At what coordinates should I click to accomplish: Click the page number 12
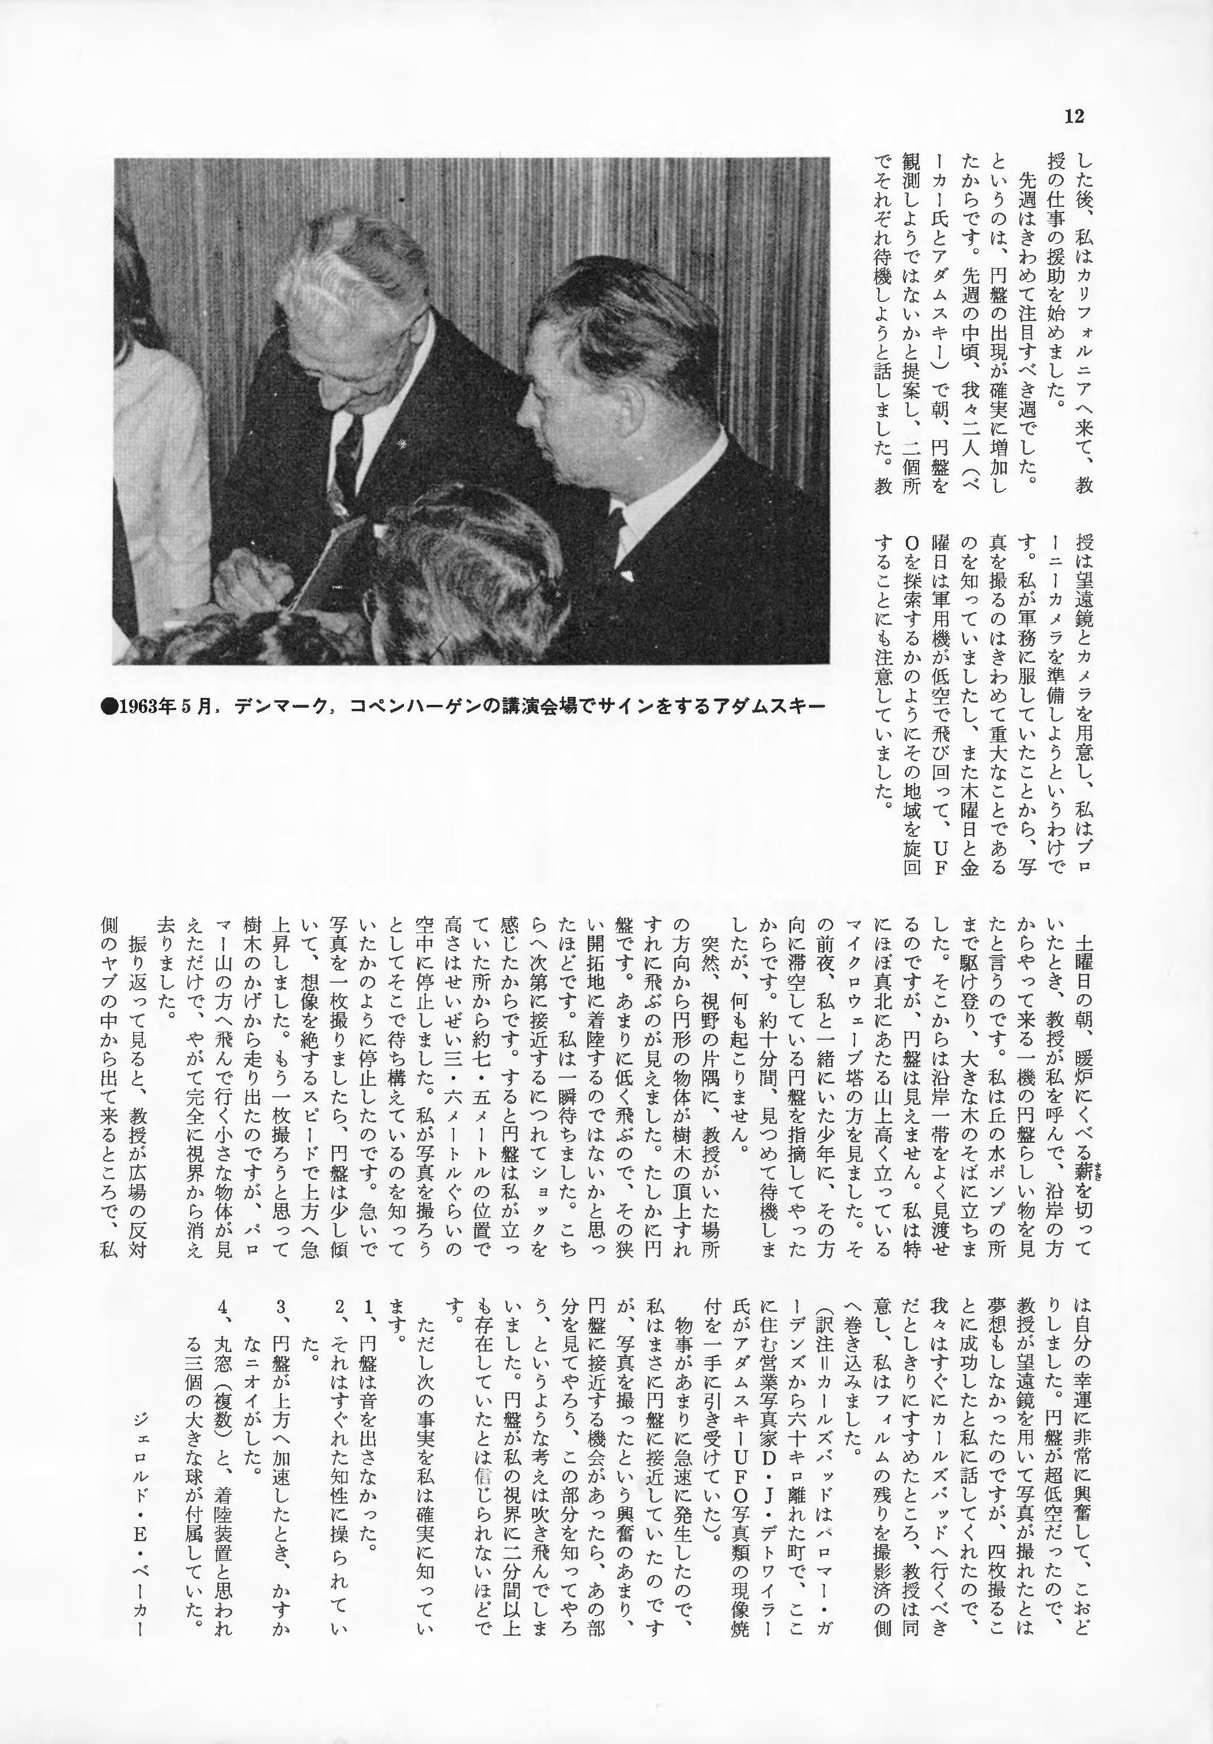pyautogui.click(x=1074, y=116)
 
